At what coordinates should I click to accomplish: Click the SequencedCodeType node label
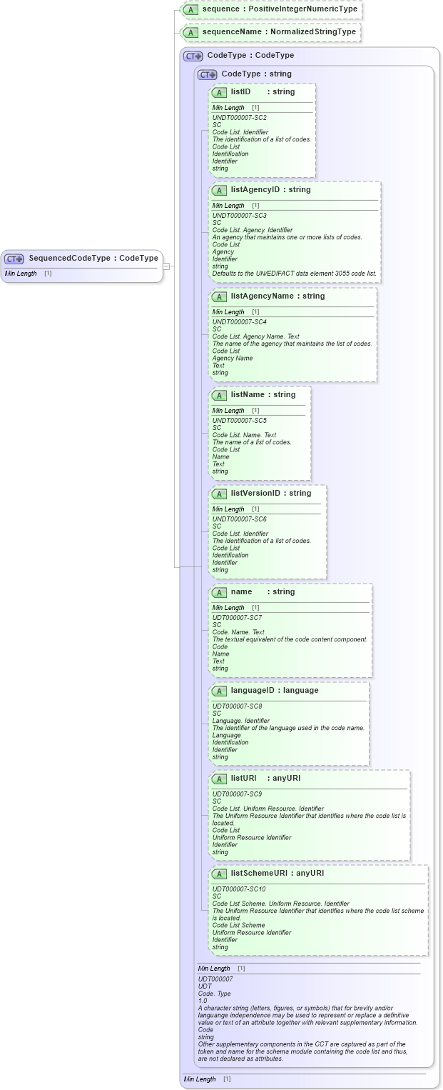point(93,259)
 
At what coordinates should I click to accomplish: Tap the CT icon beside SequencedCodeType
point(14,259)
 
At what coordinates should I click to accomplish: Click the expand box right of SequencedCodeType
point(166,266)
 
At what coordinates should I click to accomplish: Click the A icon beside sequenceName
point(190,32)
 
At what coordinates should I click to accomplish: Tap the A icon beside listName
point(220,395)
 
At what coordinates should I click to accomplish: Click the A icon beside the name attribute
point(220,592)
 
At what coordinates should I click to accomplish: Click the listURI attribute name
point(243,779)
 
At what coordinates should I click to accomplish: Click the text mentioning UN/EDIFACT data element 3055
point(294,274)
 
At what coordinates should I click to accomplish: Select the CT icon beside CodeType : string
point(208,74)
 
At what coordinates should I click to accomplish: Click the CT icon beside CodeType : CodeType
point(193,56)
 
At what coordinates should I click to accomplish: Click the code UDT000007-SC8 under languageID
point(237,706)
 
